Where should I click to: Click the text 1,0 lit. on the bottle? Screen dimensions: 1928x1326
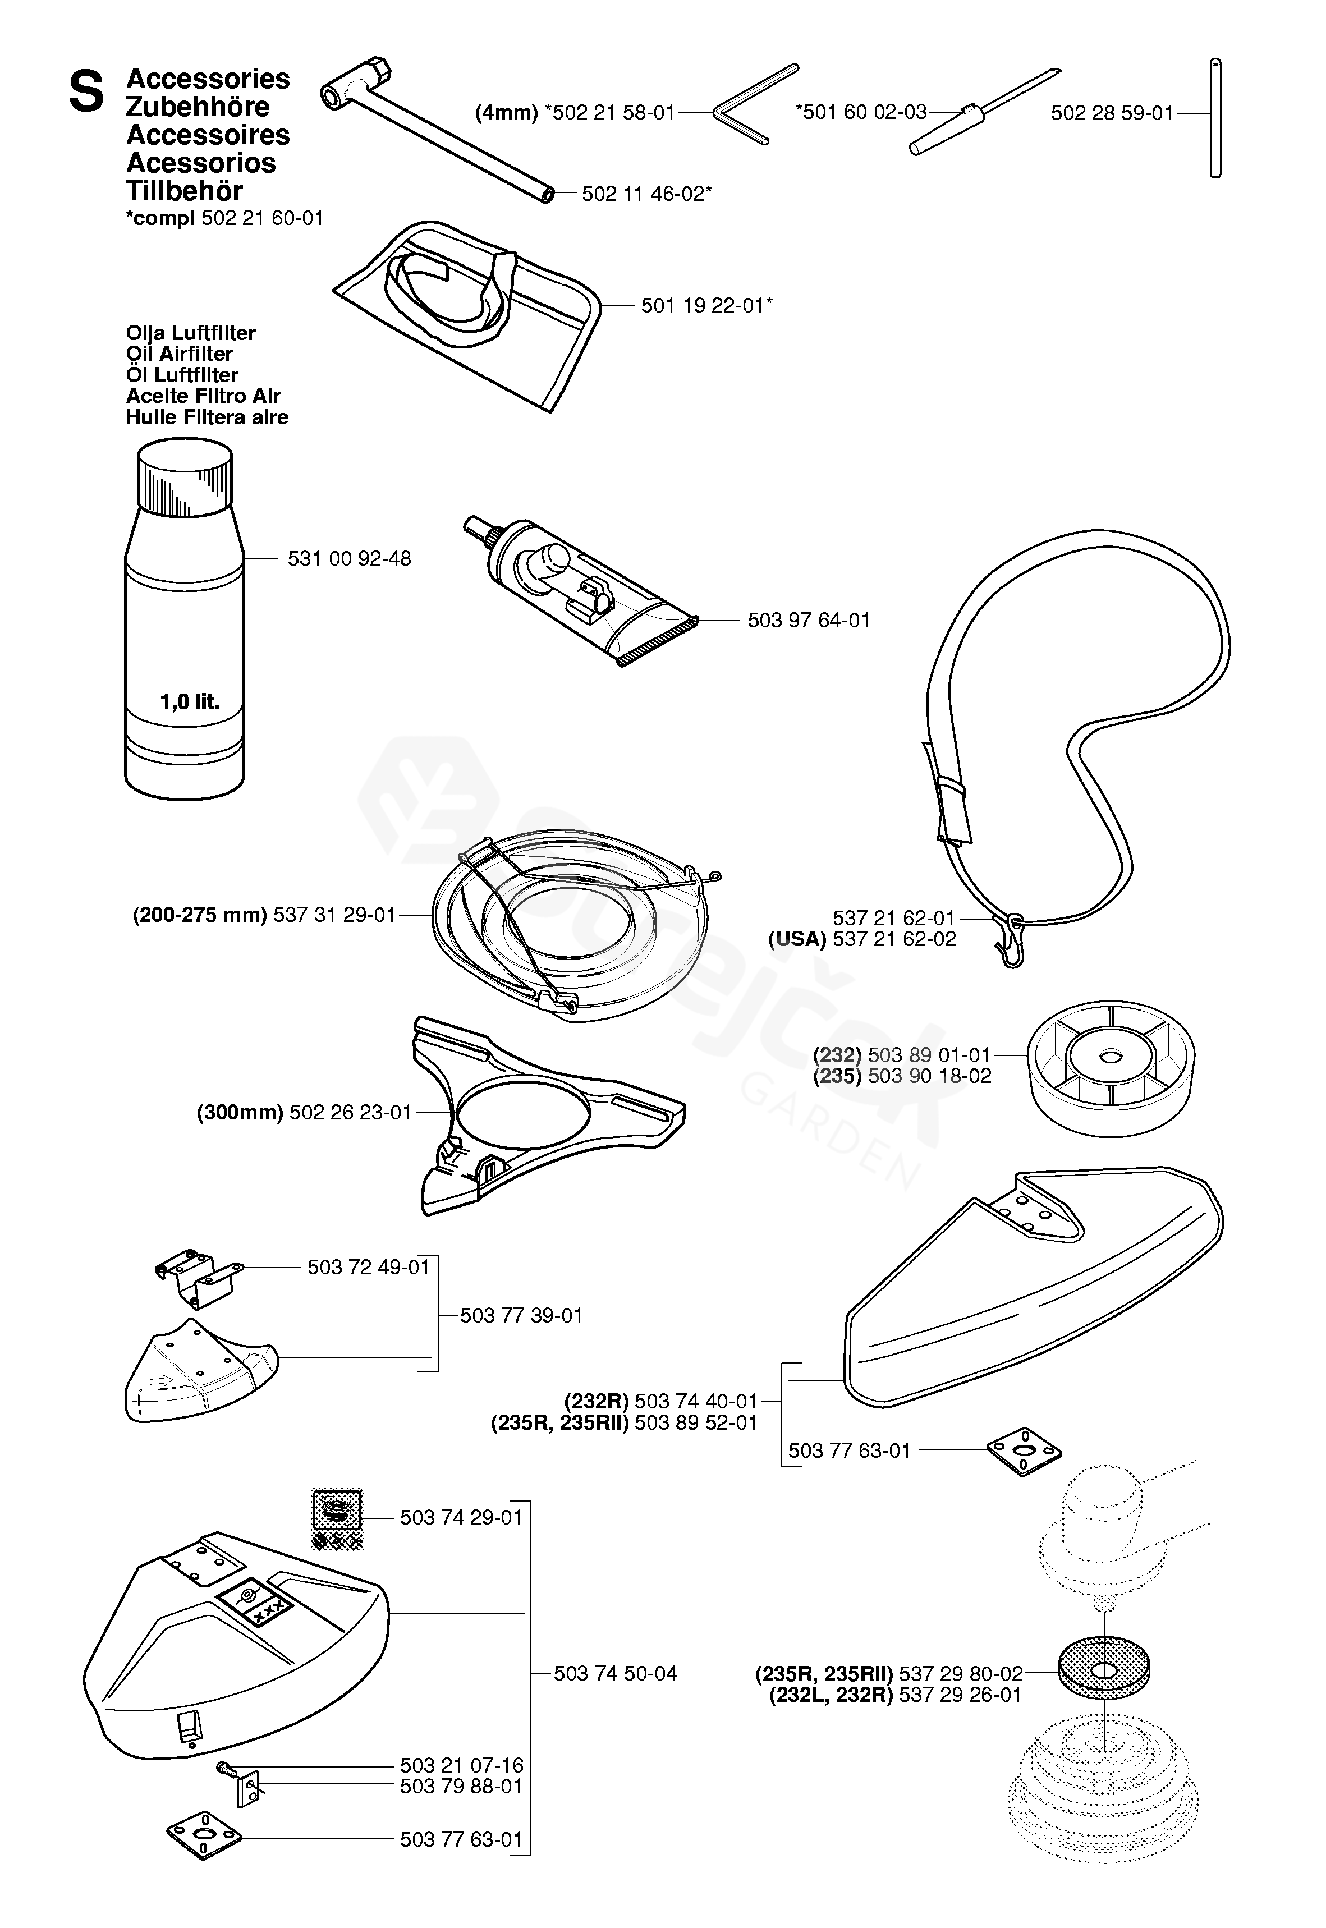pos(190,702)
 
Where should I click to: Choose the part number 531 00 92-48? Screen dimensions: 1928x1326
pos(349,558)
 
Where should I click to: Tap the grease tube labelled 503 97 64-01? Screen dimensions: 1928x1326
pos(581,590)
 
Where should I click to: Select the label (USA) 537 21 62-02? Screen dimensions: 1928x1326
pos(861,939)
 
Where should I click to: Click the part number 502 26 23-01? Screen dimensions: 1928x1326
pos(351,1112)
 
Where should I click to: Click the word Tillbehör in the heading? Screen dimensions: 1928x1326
pos(185,191)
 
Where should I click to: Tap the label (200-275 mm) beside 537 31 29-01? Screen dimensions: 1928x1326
pos(199,915)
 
